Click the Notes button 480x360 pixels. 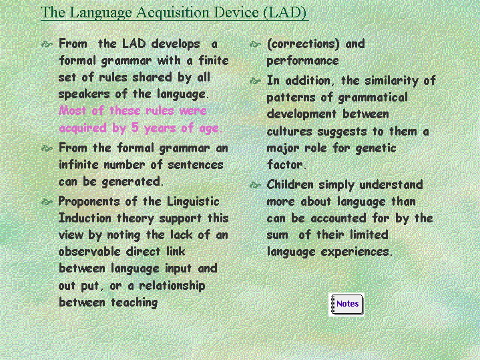346,305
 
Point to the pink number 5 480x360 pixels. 135,127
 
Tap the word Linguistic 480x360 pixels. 193,202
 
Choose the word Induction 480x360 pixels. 85,218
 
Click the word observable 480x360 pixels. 89,252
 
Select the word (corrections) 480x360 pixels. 303,44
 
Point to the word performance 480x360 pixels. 303,61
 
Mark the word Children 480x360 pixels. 290,185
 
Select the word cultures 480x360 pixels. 289,132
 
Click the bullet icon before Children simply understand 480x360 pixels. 255,185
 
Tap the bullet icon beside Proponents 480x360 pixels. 47,202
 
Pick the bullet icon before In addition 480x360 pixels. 255,81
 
